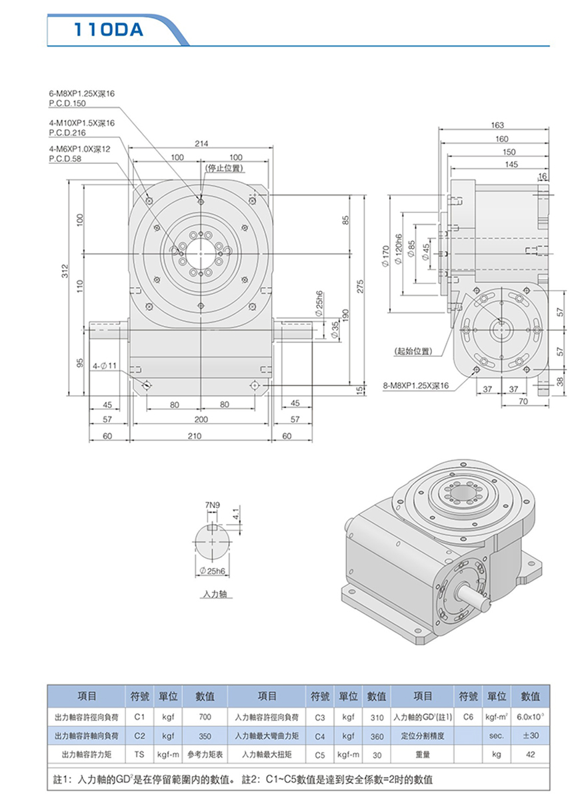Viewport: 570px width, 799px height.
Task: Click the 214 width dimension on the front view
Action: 199,143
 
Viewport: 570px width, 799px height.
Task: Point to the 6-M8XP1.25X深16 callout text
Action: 81,95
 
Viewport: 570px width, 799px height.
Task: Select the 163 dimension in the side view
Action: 496,125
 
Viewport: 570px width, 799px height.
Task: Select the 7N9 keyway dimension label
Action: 211,505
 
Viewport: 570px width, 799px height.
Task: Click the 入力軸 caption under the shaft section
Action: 212,593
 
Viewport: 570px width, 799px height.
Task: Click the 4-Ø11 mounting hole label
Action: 105,366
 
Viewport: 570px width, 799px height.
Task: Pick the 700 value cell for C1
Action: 205,718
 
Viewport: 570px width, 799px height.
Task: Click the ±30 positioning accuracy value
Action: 530,736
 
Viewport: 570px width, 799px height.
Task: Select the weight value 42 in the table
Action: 530,755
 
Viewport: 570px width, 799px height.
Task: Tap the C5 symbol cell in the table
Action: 319,755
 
